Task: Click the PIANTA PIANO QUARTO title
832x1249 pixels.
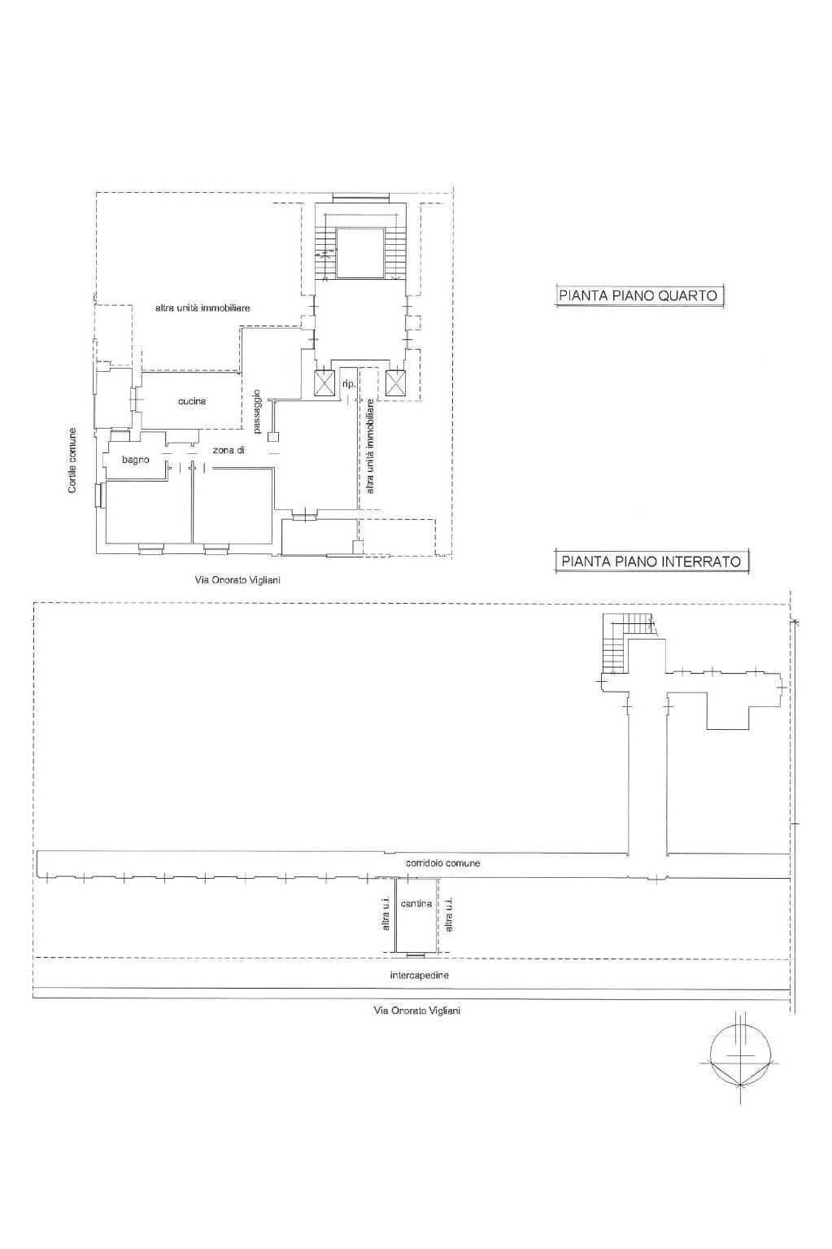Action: click(x=638, y=295)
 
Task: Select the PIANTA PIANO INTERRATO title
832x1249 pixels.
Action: click(x=651, y=561)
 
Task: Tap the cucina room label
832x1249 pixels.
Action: click(x=193, y=401)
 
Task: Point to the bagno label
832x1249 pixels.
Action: click(x=136, y=460)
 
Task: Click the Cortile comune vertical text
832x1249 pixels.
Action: click(x=72, y=460)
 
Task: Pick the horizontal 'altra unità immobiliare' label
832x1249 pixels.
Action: click(x=203, y=308)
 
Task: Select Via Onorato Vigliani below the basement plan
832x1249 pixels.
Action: click(x=416, y=1010)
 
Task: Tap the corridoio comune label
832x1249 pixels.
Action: click(x=442, y=863)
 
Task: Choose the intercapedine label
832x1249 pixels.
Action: click(x=420, y=975)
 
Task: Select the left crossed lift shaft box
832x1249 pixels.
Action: click(x=325, y=383)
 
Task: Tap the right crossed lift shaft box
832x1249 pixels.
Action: click(x=396, y=383)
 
